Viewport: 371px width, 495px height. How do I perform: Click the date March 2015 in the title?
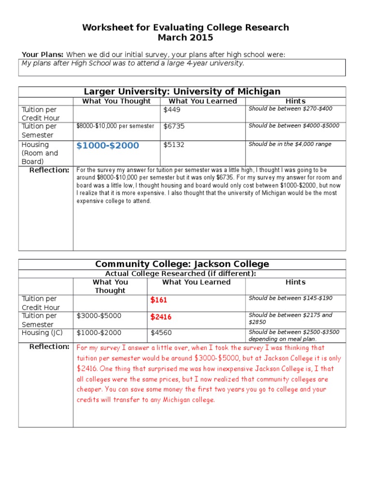coord(185,38)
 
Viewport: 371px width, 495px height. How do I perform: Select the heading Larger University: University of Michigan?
coord(182,91)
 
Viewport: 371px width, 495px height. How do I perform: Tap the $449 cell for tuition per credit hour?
coord(171,110)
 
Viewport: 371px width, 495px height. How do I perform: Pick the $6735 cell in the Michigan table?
coord(174,126)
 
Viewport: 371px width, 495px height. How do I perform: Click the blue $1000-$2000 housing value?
coord(107,146)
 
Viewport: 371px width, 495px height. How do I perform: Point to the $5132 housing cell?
coord(174,145)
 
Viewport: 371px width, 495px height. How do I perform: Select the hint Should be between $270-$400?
coord(290,109)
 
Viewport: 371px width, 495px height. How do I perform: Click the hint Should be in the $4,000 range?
coord(290,144)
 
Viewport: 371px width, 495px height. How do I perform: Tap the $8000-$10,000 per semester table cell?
coord(115,126)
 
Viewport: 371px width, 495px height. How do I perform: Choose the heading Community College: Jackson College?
coord(182,264)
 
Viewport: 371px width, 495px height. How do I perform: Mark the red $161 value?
coord(158,300)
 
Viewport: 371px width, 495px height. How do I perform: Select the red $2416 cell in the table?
coord(161,317)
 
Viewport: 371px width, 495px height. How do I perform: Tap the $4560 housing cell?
coord(161,333)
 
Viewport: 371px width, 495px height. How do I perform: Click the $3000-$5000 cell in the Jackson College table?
coord(99,316)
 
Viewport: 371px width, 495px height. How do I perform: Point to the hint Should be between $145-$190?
coord(290,298)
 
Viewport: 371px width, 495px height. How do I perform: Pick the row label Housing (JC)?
coord(42,333)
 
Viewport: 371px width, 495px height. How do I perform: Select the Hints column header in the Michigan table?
coord(295,101)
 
